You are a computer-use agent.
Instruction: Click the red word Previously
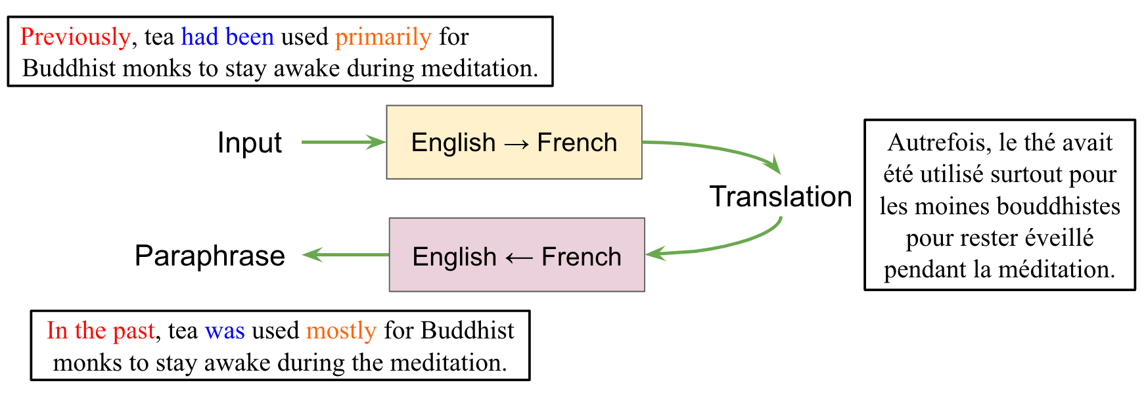pos(75,37)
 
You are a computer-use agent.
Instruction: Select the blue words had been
pos(227,37)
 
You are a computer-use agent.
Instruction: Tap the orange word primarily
pos(383,37)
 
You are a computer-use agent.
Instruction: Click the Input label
pos(249,143)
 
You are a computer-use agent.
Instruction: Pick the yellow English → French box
pos(514,142)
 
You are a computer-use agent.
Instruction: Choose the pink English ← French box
pos(516,255)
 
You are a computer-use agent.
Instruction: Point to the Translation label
pos(780,196)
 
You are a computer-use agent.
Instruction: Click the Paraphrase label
pos(210,256)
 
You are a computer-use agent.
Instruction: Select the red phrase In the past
pos(101,331)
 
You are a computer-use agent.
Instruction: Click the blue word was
pos(225,331)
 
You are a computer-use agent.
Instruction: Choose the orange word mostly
pos(341,331)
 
